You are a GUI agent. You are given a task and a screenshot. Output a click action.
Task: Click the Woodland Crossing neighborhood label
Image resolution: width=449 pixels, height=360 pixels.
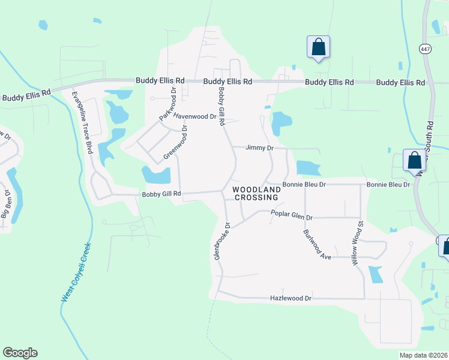(x=255, y=193)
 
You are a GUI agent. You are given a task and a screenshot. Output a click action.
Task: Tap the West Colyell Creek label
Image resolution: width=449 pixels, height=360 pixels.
(x=76, y=272)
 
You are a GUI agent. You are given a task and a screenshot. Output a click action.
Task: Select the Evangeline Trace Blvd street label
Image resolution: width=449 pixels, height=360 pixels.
(x=82, y=122)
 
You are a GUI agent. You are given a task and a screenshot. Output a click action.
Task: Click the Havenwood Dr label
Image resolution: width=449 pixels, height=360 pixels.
(x=194, y=117)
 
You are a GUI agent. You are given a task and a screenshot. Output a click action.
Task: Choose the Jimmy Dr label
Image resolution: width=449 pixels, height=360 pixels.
(x=260, y=148)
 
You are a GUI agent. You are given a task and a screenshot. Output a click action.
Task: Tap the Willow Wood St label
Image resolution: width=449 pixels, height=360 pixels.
(x=357, y=244)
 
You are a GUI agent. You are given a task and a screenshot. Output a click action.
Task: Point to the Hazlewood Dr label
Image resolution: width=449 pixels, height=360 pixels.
(x=291, y=298)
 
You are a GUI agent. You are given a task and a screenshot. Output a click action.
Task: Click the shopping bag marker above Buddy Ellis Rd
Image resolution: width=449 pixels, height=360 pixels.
(x=318, y=47)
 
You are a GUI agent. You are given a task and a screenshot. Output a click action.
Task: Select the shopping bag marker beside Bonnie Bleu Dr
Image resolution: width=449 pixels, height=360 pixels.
(x=414, y=160)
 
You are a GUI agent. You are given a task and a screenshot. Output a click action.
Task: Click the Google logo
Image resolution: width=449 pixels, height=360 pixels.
(x=20, y=353)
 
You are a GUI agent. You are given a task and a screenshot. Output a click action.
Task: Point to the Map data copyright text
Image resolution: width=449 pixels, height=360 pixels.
(x=423, y=355)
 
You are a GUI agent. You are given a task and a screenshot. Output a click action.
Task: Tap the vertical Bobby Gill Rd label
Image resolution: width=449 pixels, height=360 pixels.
(x=221, y=106)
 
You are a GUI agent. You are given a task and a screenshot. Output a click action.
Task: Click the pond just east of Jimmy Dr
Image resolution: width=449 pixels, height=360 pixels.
(x=307, y=167)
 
